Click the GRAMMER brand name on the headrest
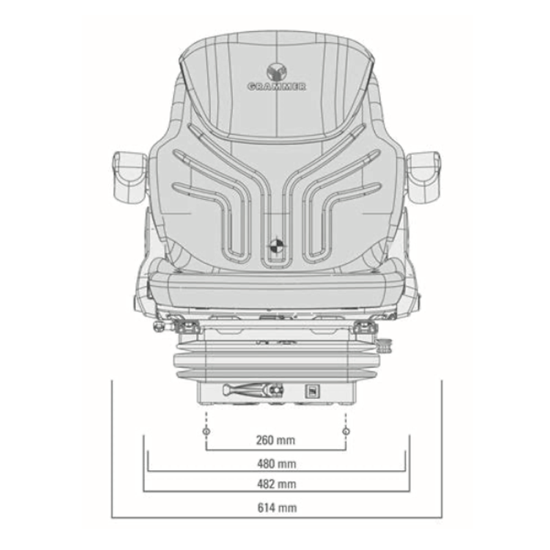click(x=277, y=87)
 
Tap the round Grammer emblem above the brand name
click(x=277, y=71)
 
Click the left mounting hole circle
click(x=206, y=431)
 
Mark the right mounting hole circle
click(x=346, y=431)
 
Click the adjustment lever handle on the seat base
click(x=247, y=390)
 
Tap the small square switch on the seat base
click(x=310, y=391)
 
